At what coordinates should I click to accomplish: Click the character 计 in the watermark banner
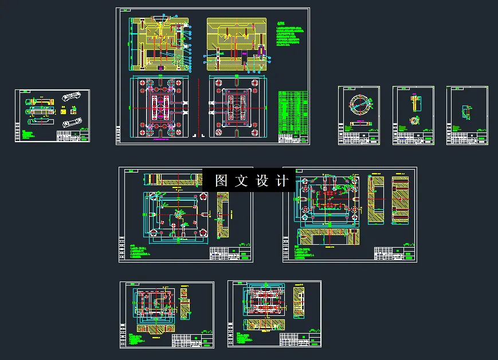pyautogui.click(x=283, y=181)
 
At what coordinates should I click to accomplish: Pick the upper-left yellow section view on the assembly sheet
pyautogui.click(x=159, y=44)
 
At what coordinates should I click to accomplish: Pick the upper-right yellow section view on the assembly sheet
pyautogui.click(x=236, y=44)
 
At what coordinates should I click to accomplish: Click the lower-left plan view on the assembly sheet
pyautogui.click(x=159, y=108)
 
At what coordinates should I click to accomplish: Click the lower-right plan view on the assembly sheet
pyautogui.click(x=236, y=107)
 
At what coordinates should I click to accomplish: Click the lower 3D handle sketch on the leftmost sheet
pyautogui.click(x=73, y=122)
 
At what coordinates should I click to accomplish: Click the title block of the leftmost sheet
pyautogui.click(x=73, y=136)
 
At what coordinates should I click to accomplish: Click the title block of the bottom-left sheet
pyautogui.click(x=193, y=339)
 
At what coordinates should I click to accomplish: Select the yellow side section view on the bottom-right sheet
pyautogui.click(x=299, y=302)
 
